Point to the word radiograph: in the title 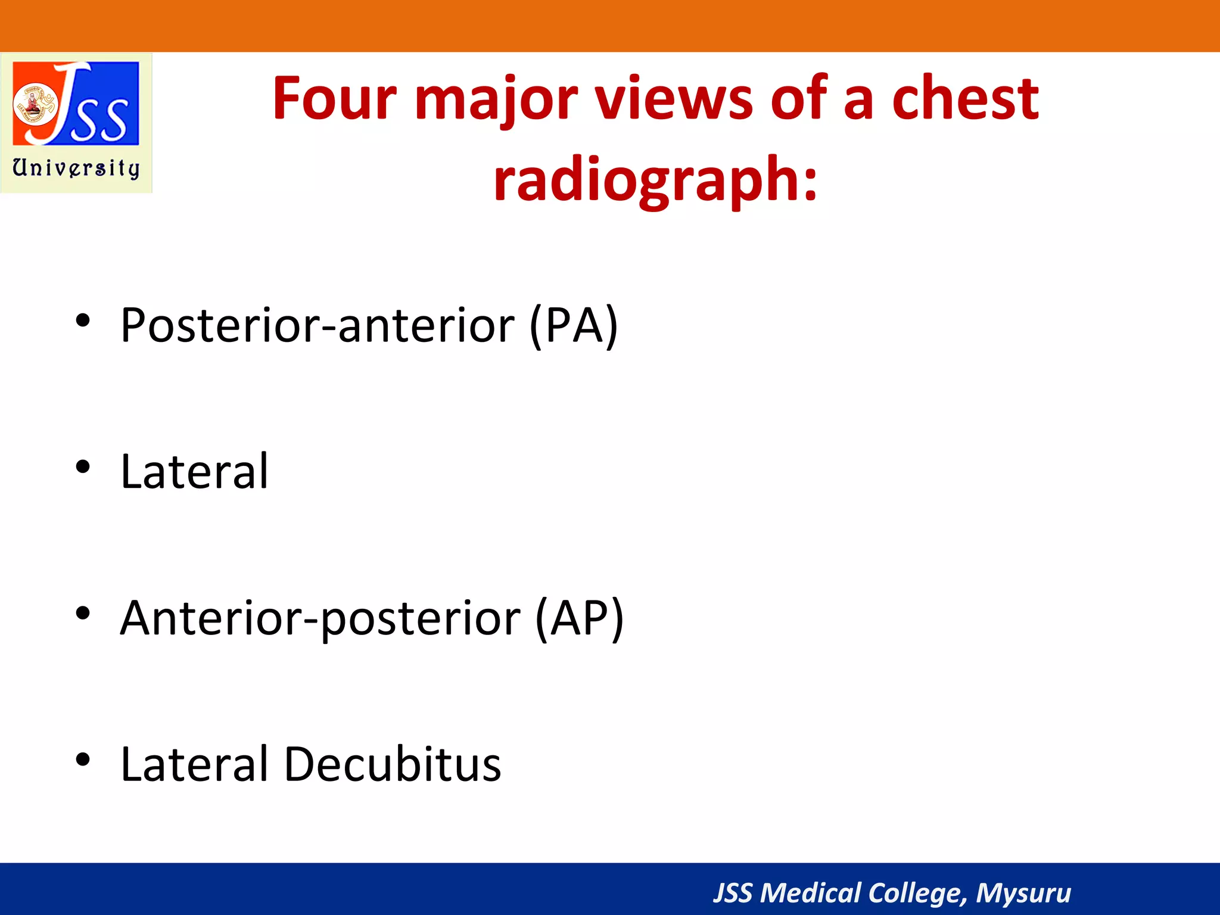(x=655, y=179)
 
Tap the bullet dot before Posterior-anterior (x=83, y=321)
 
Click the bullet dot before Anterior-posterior (x=83, y=613)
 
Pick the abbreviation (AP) (x=580, y=618)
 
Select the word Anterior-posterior (x=320, y=618)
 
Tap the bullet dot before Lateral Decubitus (x=83, y=760)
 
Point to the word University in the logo (x=76, y=168)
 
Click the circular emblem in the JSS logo (x=34, y=103)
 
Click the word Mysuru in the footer (x=1023, y=893)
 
